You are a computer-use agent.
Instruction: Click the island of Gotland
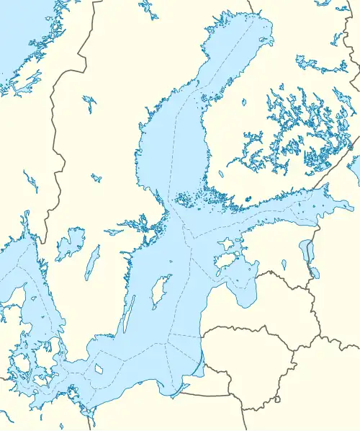click(162, 292)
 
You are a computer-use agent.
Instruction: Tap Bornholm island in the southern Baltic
click(99, 369)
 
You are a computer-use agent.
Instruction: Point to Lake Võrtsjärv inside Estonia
click(286, 265)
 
